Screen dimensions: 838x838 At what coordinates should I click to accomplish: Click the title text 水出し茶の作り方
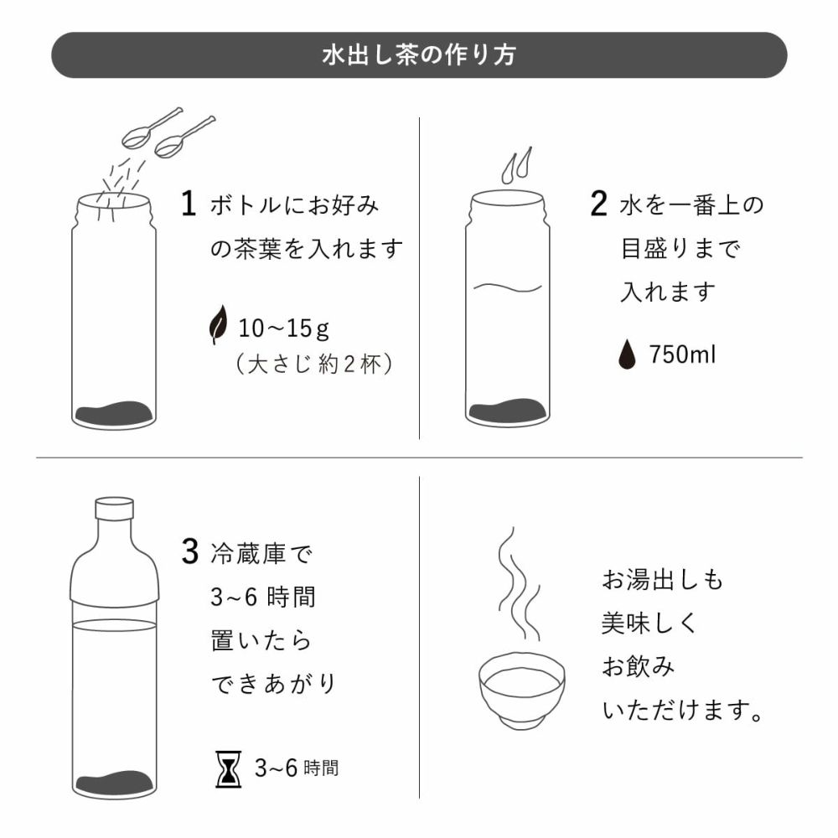pyautogui.click(x=419, y=55)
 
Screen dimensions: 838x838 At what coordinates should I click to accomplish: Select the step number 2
pyautogui.click(x=598, y=205)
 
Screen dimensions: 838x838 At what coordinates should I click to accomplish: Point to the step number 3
pyautogui.click(x=189, y=552)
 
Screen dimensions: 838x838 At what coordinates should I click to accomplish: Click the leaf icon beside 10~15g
pyautogui.click(x=218, y=325)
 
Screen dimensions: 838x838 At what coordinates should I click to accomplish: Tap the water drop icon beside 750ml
pyautogui.click(x=626, y=354)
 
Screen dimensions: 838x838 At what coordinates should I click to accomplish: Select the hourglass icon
pyautogui.click(x=229, y=768)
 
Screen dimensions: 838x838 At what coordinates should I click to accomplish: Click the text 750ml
pyautogui.click(x=682, y=354)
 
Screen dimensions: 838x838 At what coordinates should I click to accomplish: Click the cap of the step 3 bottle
pyautogui.click(x=114, y=510)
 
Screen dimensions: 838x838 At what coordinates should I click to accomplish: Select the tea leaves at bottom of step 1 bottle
pyautogui.click(x=114, y=413)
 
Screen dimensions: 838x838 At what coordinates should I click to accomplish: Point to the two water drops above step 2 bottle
pyautogui.click(x=516, y=165)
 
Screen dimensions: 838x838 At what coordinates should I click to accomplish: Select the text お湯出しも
pyautogui.click(x=662, y=579)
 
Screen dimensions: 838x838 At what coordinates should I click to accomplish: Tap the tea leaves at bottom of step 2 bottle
pyautogui.click(x=508, y=411)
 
